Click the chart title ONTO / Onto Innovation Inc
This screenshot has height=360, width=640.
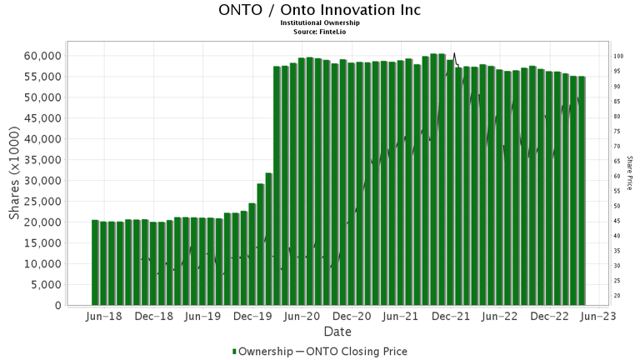click(x=319, y=10)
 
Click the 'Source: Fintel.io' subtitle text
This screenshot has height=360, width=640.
click(x=320, y=32)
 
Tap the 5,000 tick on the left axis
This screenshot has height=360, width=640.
click(x=47, y=285)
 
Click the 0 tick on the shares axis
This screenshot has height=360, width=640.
click(x=58, y=306)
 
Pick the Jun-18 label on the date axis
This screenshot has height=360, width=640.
click(x=105, y=317)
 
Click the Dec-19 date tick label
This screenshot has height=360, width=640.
click(x=252, y=317)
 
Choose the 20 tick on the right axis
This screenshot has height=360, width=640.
click(x=618, y=296)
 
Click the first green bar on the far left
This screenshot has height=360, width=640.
click(x=95, y=262)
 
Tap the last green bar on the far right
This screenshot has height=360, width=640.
click(x=582, y=191)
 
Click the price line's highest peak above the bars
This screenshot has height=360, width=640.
click(x=454, y=53)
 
